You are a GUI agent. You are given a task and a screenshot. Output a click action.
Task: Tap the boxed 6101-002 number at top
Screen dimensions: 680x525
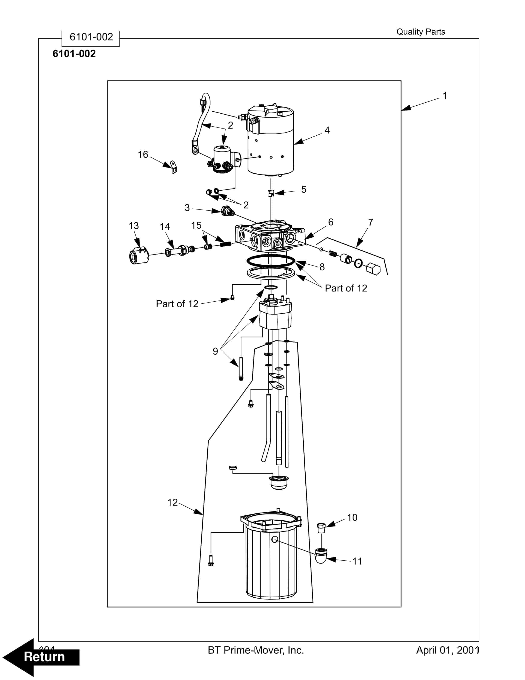pyautogui.click(x=91, y=37)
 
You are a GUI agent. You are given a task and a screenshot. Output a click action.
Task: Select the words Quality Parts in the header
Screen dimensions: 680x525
pyautogui.click(x=421, y=32)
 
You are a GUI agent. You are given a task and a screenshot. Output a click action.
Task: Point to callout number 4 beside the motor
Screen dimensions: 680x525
pyautogui.click(x=327, y=130)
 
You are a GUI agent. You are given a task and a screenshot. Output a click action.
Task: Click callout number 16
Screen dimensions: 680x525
pyautogui.click(x=143, y=154)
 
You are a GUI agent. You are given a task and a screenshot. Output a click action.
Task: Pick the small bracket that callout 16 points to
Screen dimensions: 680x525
pyautogui.click(x=173, y=167)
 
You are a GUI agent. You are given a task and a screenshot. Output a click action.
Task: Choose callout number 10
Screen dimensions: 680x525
pyautogui.click(x=352, y=518)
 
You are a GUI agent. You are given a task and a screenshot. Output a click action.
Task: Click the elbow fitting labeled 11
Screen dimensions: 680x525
pyautogui.click(x=321, y=556)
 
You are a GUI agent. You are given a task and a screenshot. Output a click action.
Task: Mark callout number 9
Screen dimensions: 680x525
pyautogui.click(x=215, y=351)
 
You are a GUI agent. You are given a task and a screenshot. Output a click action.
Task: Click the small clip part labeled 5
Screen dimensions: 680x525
pyautogui.click(x=271, y=193)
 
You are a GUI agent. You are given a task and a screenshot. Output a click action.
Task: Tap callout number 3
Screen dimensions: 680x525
pyautogui.click(x=187, y=208)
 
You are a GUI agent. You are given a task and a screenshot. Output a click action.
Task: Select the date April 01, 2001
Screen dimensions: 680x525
pyautogui.click(x=447, y=650)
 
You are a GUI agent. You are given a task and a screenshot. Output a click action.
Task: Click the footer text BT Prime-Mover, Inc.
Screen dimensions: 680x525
pyautogui.click(x=256, y=650)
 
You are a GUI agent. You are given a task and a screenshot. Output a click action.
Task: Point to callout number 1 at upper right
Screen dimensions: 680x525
pyautogui.click(x=445, y=96)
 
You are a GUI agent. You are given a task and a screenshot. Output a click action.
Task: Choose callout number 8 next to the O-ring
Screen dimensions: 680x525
pyautogui.click(x=322, y=267)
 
